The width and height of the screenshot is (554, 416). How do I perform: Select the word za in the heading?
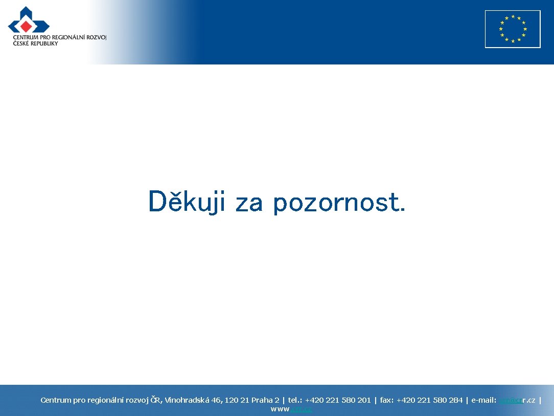point(249,204)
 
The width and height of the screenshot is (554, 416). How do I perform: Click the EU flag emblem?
point(513,29)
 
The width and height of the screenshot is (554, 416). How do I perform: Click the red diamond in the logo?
point(26,26)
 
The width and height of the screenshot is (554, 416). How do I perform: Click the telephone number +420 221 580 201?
point(338,400)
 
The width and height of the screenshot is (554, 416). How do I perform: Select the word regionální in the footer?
point(106,400)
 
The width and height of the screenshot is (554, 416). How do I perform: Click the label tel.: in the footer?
point(295,400)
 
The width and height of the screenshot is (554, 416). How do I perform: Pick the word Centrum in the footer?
point(56,400)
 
